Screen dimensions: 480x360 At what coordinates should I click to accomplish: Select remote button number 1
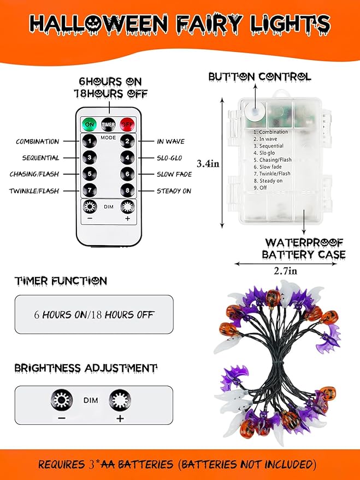pos(90,141)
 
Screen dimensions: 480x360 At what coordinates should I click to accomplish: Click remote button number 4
pos(127,158)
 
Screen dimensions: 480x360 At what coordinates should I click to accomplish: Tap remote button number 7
pos(90,191)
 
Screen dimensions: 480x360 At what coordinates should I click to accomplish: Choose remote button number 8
pos(127,191)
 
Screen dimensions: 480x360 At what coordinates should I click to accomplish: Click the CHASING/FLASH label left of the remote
pos(34,175)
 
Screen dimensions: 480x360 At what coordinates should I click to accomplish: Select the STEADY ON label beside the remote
pos(174,191)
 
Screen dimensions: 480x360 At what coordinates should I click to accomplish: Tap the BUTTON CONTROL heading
pos(259,77)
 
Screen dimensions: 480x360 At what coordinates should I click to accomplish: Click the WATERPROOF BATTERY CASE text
pos(305,248)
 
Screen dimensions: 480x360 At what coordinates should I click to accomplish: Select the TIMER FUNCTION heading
pos(61,281)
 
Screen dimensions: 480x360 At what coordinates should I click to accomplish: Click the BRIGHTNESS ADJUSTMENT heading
pos(86,368)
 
